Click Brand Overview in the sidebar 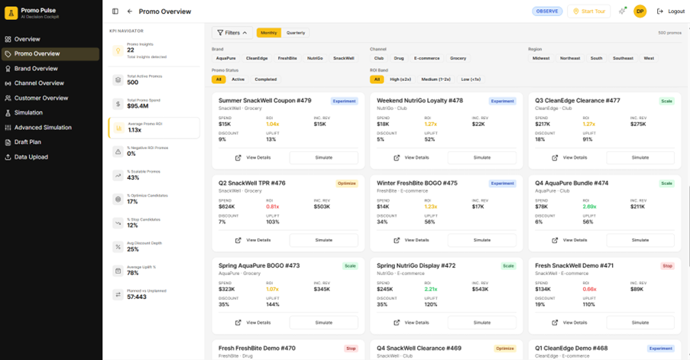tap(35, 69)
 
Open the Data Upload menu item tap(31, 157)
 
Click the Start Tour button tap(588, 11)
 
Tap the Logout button tap(671, 11)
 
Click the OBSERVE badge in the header tap(546, 11)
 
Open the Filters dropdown tap(232, 33)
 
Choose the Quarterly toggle tap(296, 33)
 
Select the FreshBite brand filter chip tap(287, 58)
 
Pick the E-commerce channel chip tap(426, 58)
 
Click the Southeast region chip tap(623, 58)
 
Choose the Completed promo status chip tap(266, 79)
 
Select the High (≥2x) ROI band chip tap(400, 79)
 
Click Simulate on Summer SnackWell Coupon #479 tap(324, 157)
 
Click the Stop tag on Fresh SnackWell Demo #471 tap(667, 266)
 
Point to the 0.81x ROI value tap(272, 206)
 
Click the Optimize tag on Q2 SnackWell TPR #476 tap(346, 183)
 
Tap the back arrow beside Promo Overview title tap(130, 11)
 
